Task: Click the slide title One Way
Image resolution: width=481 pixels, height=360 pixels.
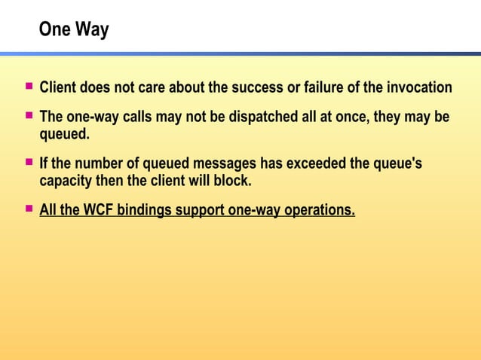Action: coord(74,30)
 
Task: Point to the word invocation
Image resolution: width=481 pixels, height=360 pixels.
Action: coord(416,88)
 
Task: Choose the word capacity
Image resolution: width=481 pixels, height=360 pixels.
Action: coord(68,182)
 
